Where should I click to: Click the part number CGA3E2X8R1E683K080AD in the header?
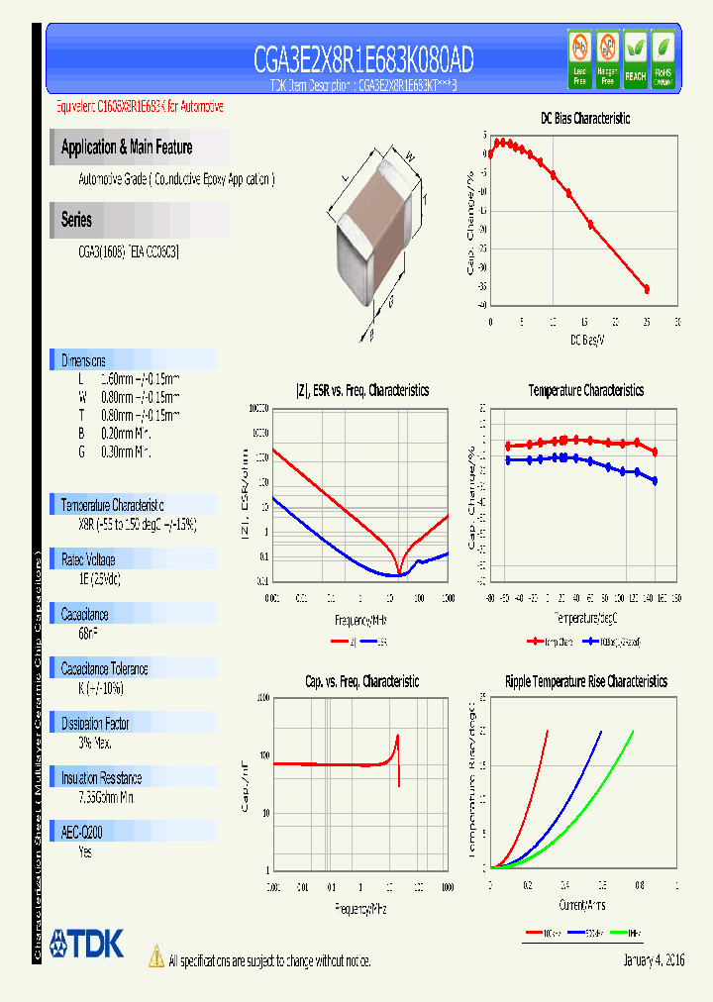pos(362,61)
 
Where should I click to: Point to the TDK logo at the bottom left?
pos(87,944)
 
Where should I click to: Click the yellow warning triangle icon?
pos(155,955)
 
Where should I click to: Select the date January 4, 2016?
pos(654,960)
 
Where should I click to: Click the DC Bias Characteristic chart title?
pos(584,119)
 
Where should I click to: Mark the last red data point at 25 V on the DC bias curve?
pos(647,289)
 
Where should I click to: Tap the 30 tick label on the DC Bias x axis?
pos(677,322)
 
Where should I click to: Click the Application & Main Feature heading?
pos(127,148)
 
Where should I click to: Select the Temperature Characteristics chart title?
pos(585,391)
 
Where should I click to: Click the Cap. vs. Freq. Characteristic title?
pos(361,681)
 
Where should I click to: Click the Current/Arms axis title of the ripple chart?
pos(581,905)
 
